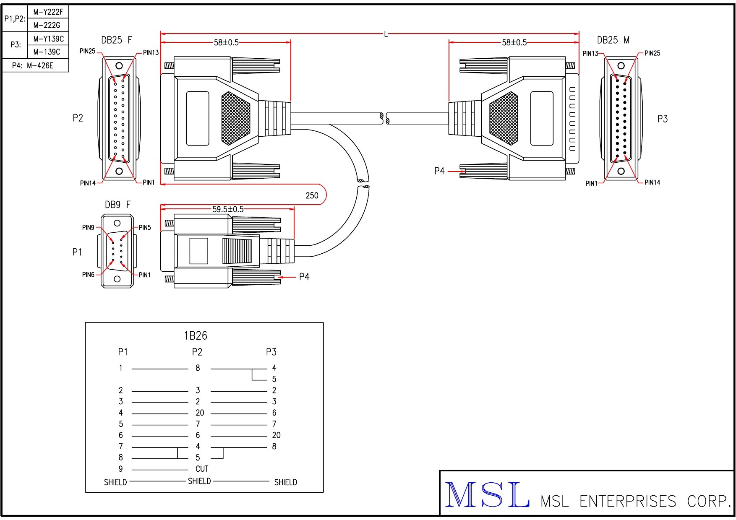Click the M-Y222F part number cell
(x=48, y=12)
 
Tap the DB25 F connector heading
(x=117, y=40)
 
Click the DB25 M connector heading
(x=613, y=40)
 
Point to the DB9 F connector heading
(x=117, y=205)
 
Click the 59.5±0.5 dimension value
(x=227, y=209)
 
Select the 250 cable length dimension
(x=312, y=195)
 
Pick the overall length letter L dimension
(x=386, y=34)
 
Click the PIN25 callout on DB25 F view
(x=87, y=51)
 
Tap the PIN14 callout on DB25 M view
(x=652, y=182)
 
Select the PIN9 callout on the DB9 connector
(x=88, y=228)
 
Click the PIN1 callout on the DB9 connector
(x=144, y=275)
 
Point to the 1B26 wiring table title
(x=196, y=335)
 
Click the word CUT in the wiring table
(x=202, y=469)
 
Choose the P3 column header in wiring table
(x=271, y=352)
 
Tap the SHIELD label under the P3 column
(x=285, y=482)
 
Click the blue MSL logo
(x=487, y=495)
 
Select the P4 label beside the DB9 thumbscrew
(x=304, y=277)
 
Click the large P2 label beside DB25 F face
(x=78, y=118)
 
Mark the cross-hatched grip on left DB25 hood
(x=235, y=118)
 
